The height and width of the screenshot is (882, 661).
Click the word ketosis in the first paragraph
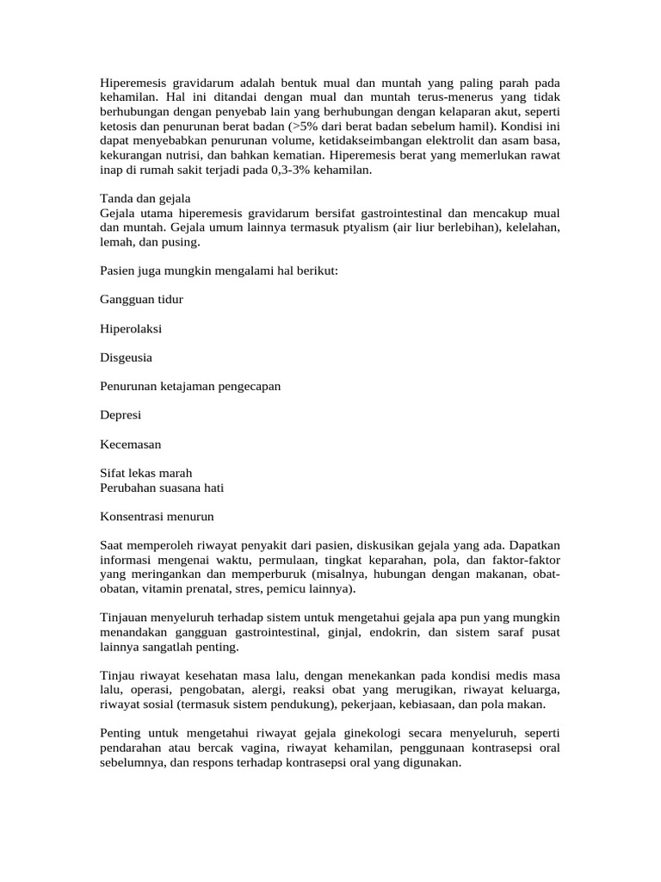tap(120, 127)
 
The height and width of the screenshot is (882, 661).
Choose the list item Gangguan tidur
tap(141, 299)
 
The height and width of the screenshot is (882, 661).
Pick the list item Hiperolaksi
tap(131, 329)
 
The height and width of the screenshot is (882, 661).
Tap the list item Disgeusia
tap(127, 357)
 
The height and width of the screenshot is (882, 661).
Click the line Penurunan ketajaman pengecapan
tap(190, 387)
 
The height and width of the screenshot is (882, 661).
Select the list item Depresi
tap(120, 416)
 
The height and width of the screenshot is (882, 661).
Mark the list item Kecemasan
tap(131, 444)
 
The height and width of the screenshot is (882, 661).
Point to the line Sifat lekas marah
tap(146, 474)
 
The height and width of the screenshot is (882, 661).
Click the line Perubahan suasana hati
tap(162, 488)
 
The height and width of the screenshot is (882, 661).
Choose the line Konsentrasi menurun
tap(157, 517)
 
